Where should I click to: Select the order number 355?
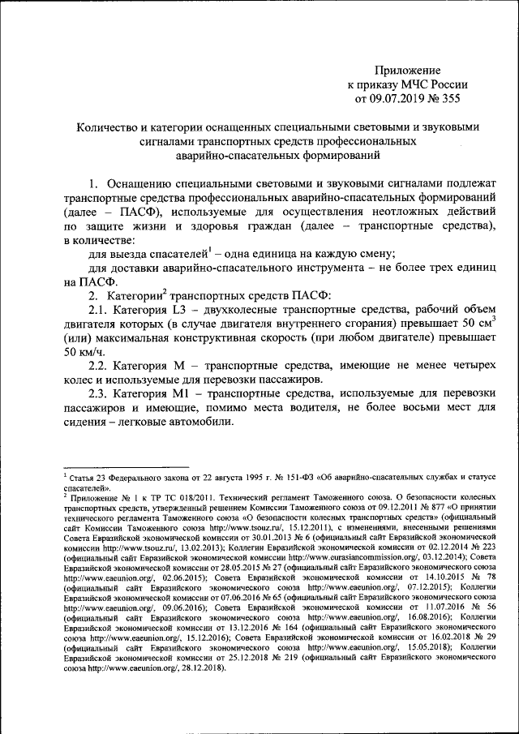click(x=450, y=99)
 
